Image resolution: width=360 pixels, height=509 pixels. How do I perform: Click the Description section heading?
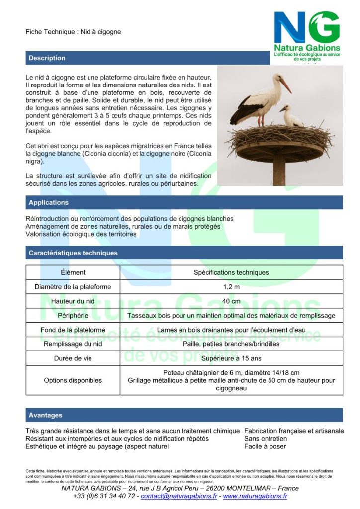(47, 58)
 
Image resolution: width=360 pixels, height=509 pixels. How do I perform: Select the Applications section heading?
(48, 203)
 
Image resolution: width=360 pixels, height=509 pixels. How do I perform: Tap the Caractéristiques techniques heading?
(73, 253)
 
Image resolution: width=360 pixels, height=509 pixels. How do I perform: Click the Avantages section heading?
(45, 415)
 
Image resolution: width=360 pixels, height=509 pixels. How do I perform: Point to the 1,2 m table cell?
(231, 287)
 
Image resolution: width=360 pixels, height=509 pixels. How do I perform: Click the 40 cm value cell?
(231, 301)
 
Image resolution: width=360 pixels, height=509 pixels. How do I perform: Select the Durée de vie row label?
(73, 358)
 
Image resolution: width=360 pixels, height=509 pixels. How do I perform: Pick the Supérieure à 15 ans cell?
(231, 358)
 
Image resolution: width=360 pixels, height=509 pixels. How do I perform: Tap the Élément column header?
(73, 272)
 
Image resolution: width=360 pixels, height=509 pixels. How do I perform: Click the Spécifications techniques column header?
(231, 272)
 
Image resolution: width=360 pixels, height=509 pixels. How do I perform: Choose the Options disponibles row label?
(73, 380)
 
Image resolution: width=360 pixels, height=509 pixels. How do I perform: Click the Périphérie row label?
(73, 316)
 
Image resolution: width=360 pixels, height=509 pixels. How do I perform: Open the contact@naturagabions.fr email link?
(179, 496)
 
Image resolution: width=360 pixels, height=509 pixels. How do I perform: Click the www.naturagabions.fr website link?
(255, 496)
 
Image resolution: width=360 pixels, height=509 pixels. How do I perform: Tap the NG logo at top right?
(307, 35)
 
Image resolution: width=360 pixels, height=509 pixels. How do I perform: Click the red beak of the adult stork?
(286, 86)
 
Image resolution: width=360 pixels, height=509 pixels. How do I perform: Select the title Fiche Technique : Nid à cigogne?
(73, 32)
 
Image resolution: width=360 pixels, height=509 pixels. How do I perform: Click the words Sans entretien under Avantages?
(266, 439)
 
